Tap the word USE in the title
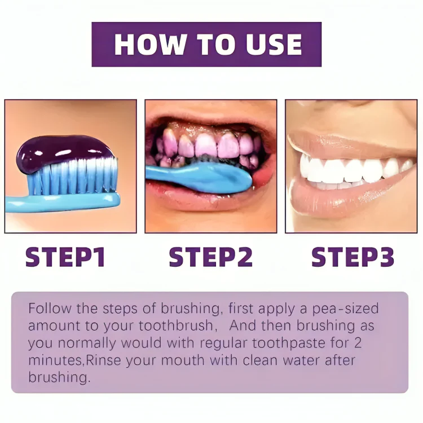(x=274, y=45)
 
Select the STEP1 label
(x=65, y=257)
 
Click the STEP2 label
(x=211, y=257)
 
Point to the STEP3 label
(x=352, y=257)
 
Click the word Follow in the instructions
(x=50, y=309)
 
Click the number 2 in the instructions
(x=358, y=343)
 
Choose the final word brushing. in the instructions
(x=59, y=378)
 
